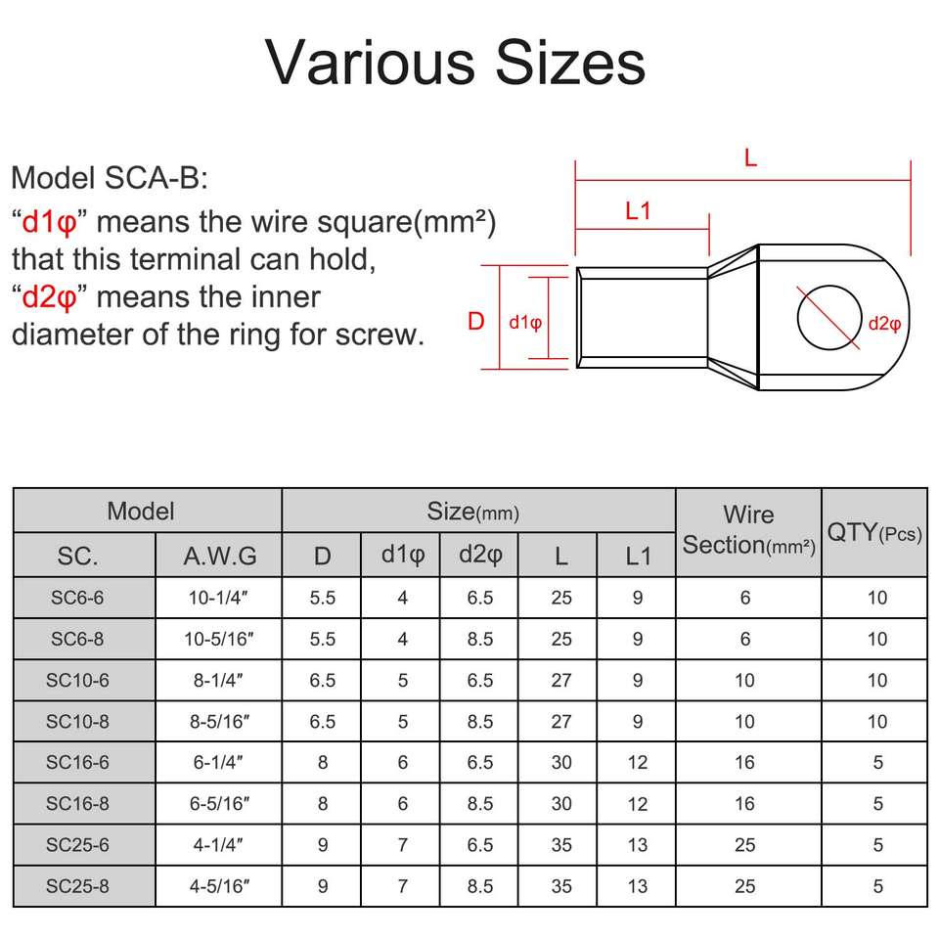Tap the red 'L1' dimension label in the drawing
point(638,210)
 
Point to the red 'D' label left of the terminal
point(476,321)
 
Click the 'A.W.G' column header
point(220,557)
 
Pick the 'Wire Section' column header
point(748,530)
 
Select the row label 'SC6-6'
point(84,598)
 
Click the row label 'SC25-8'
point(84,886)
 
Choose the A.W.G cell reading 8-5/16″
point(220,722)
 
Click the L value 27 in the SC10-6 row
point(560,681)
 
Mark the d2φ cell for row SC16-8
point(480,804)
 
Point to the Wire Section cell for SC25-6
point(745,845)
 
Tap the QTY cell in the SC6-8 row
point(876,640)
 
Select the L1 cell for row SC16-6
point(638,763)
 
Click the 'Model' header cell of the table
point(141,511)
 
